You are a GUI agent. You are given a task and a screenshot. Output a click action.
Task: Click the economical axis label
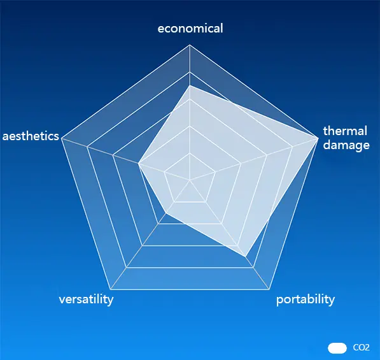click(x=190, y=29)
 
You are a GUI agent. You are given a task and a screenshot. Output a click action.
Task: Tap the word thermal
click(x=345, y=131)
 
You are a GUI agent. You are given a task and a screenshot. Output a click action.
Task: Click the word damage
click(x=346, y=145)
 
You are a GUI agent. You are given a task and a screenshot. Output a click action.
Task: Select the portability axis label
click(x=306, y=299)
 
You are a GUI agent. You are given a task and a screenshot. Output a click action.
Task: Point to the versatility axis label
click(x=86, y=299)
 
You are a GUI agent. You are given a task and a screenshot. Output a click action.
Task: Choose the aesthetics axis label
click(x=31, y=136)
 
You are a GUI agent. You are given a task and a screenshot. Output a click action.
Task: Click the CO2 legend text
click(x=361, y=348)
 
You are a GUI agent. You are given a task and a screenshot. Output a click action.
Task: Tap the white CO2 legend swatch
click(x=337, y=348)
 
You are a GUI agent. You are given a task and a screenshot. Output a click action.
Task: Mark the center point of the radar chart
click(x=190, y=180)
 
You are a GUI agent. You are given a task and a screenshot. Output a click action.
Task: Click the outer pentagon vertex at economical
click(x=190, y=45)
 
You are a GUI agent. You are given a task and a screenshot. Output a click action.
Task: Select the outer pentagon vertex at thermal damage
click(x=318, y=138)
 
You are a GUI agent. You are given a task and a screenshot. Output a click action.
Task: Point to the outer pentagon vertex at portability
click(x=269, y=289)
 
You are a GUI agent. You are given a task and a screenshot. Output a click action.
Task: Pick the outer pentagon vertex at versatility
click(x=111, y=289)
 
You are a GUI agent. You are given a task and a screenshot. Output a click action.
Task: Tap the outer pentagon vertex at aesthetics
click(x=62, y=138)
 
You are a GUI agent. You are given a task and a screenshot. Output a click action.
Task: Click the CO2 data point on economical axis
click(x=190, y=85)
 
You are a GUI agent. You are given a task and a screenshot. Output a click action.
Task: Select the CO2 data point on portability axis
click(x=245, y=256)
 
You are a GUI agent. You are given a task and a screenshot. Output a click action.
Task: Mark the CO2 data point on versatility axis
click(x=166, y=213)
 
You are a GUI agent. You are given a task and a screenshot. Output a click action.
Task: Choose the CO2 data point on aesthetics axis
click(x=139, y=163)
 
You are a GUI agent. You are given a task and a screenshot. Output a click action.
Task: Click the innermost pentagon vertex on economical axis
click(x=190, y=153)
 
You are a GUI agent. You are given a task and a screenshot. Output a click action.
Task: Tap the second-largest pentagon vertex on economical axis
click(x=190, y=72)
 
